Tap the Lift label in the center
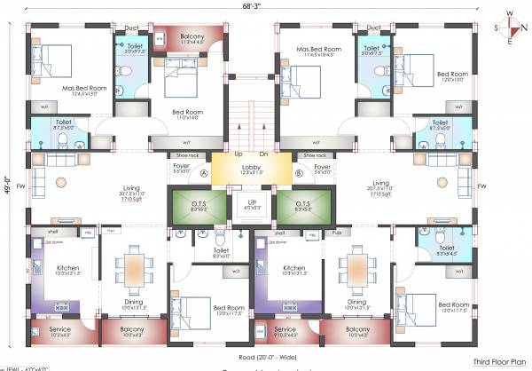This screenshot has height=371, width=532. coord(253,204)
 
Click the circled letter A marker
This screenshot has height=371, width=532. coord(203,174)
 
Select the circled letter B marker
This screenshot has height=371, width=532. coord(299,174)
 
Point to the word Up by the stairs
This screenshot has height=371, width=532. coord(238,154)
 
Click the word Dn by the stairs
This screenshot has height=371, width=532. coord(263,154)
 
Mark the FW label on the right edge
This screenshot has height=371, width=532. coord(481,186)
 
